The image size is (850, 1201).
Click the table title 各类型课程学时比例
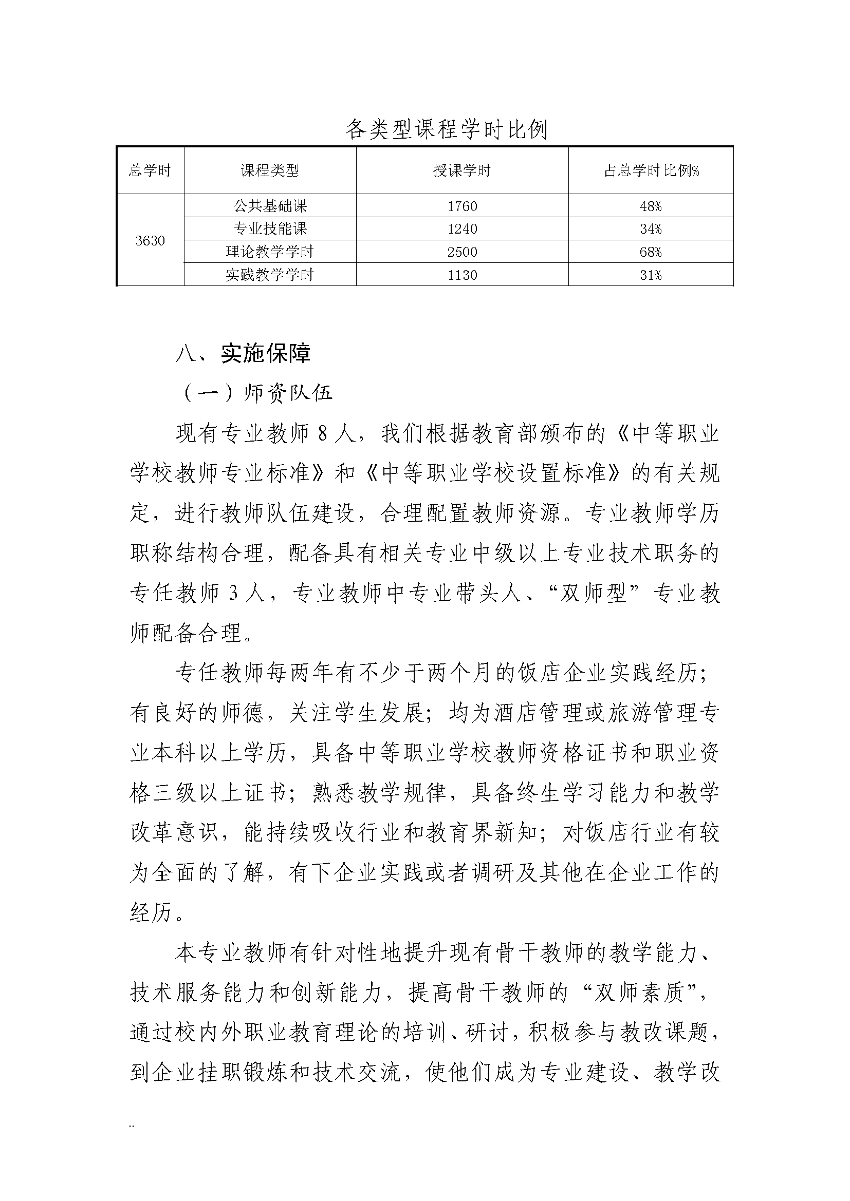446,129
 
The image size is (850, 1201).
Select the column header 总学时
150,170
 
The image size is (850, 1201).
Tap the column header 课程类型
270,170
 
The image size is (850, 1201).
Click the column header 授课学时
461,170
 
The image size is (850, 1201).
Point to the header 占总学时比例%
651,170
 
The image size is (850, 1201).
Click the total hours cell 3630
150,241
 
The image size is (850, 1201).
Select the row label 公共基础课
270,206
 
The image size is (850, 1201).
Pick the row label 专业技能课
270,229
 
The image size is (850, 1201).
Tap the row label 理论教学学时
270,252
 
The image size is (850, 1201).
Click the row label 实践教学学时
270,275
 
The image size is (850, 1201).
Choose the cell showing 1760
462,206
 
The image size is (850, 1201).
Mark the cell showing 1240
462,229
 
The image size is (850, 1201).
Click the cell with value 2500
462,252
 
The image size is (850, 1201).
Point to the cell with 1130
462,275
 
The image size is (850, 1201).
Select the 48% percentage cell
651,206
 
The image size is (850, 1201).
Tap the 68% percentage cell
651,252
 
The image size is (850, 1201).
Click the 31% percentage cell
651,275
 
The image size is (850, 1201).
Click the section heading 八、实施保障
244,354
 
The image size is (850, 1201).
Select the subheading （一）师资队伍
256,393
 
